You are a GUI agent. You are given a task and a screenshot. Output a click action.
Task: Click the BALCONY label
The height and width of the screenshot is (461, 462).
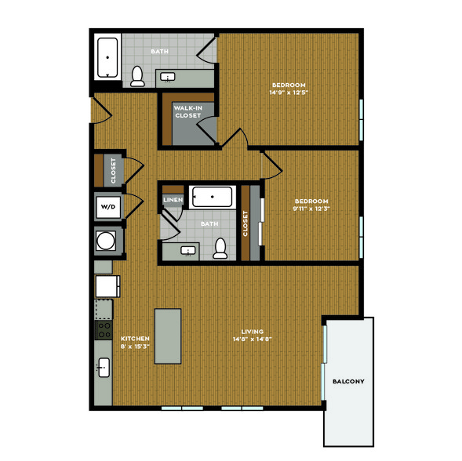click(x=348, y=382)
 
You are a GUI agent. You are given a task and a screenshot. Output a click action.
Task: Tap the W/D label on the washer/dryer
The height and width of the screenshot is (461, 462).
click(x=108, y=207)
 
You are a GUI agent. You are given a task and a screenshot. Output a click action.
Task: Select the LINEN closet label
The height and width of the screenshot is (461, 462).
click(x=173, y=200)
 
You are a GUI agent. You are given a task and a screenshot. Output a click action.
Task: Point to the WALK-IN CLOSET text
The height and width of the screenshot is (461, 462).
click(x=188, y=112)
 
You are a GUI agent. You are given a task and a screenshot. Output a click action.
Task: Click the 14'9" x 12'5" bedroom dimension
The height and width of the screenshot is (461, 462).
click(x=289, y=93)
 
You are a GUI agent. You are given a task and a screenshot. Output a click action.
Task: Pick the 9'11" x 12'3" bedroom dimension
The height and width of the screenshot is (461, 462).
click(x=311, y=209)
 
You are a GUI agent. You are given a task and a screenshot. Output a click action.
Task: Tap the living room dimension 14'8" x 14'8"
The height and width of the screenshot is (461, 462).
click(x=253, y=339)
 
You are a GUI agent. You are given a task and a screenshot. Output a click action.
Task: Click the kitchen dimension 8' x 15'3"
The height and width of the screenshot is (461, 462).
click(x=135, y=346)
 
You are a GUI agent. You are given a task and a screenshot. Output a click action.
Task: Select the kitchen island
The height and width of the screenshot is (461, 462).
click(x=168, y=336)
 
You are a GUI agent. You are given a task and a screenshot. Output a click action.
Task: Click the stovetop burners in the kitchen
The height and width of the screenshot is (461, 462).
click(x=104, y=330)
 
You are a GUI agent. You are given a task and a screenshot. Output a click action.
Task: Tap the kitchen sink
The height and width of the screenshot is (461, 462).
click(x=104, y=368)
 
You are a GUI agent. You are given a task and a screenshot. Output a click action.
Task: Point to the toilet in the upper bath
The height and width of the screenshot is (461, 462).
click(x=137, y=76)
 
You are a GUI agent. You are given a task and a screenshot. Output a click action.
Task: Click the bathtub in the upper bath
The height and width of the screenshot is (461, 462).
click(x=107, y=58)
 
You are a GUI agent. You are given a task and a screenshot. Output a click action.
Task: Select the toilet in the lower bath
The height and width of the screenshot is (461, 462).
click(x=220, y=249)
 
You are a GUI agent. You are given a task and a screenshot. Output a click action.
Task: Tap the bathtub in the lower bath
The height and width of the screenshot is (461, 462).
click(x=212, y=197)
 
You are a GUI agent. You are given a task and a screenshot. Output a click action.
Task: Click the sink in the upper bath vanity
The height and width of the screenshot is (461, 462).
click(x=168, y=77)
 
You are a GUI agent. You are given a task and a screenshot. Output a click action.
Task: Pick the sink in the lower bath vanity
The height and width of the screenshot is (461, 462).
click(x=188, y=251)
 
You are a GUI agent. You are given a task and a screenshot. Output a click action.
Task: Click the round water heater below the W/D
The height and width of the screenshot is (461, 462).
click(x=106, y=241)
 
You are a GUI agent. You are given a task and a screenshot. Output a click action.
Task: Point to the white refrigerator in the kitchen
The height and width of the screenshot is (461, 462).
click(x=107, y=286)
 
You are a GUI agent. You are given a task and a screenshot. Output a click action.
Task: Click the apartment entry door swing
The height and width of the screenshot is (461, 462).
click(x=103, y=111)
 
